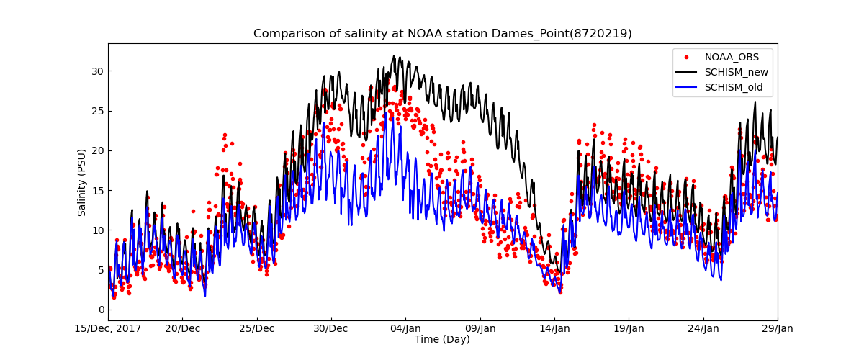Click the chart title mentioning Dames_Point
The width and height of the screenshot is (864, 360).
pos(442,34)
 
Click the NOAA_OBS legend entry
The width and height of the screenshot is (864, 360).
pos(730,57)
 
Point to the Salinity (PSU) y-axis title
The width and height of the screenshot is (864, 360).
pos(82,182)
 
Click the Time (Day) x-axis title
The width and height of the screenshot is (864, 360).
pos(442,340)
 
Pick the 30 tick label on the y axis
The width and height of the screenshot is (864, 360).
pos(98,71)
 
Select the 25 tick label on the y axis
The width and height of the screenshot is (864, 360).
pos(98,111)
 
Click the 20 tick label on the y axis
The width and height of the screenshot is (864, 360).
pos(98,150)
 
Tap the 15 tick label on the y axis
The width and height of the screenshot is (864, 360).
pos(98,191)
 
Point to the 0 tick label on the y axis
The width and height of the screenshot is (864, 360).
pos(101,310)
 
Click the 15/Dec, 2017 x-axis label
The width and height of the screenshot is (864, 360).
pos(108,329)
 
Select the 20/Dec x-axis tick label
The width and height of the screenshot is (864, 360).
pos(182,329)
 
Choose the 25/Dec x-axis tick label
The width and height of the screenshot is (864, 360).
pos(257,329)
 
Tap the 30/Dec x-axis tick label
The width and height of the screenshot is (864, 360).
pos(331,329)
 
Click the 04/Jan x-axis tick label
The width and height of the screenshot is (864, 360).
pos(405,329)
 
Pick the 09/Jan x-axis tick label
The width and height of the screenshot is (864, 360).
pos(480,329)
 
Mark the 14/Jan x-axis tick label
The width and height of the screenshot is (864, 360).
pos(554,329)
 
